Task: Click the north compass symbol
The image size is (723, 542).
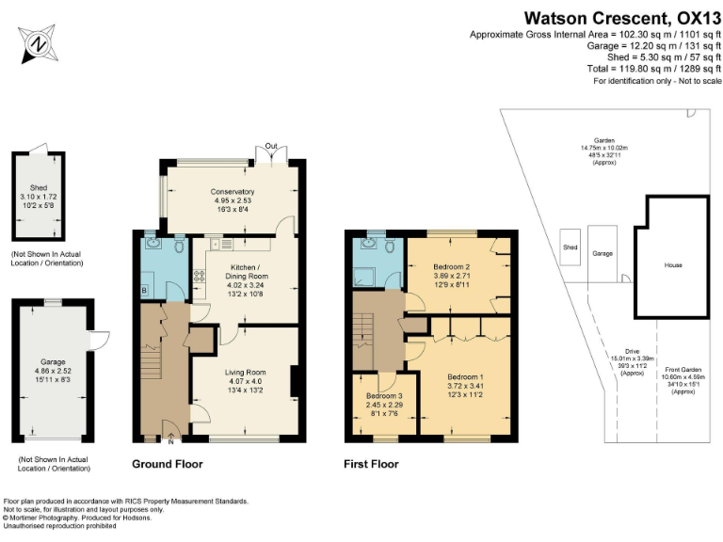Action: click(39, 43)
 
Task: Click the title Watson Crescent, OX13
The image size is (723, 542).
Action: click(622, 17)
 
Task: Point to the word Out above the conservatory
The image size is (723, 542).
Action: click(272, 146)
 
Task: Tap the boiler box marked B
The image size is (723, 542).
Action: click(144, 290)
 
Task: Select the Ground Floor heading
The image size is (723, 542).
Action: click(167, 464)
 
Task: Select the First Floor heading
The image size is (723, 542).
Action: click(371, 464)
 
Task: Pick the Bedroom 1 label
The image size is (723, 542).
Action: click(466, 377)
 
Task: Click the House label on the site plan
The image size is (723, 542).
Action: click(672, 265)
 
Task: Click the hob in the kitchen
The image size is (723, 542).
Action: click(200, 277)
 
